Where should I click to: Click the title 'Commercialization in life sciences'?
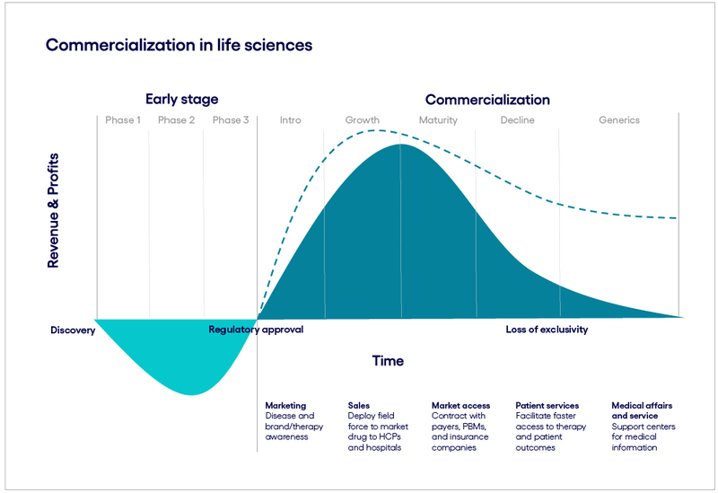[179, 44]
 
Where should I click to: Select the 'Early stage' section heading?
[181, 100]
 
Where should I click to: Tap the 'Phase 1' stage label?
[123, 120]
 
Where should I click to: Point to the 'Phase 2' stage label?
[177, 120]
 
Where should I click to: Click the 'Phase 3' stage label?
[231, 120]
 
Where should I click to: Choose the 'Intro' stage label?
[290, 120]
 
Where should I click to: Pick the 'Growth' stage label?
[363, 120]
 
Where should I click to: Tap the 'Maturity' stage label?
[438, 120]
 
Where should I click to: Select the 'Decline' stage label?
[517, 120]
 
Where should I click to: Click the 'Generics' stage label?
[619, 120]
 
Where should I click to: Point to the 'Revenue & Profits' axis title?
[54, 210]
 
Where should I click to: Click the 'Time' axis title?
[388, 361]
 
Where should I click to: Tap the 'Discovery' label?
[73, 330]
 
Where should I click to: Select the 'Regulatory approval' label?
[256, 330]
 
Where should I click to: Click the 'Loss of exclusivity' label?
[547, 330]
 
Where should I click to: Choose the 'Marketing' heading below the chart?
[285, 405]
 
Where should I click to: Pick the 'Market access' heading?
[461, 405]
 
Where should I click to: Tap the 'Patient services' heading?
[547, 405]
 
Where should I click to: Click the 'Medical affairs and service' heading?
[642, 410]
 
